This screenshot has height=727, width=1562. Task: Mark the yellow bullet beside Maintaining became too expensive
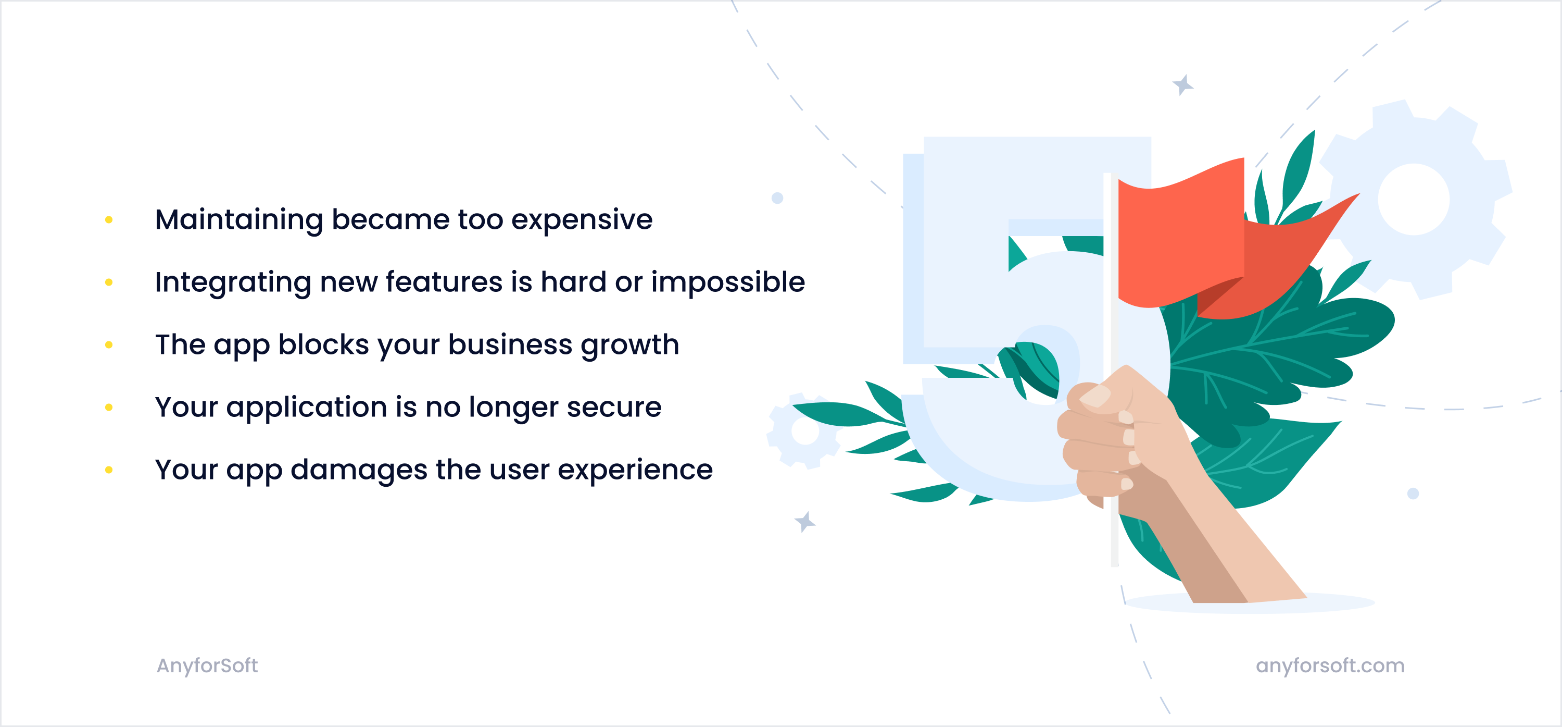click(x=109, y=220)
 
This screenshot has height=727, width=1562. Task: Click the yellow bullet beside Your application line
click(x=109, y=407)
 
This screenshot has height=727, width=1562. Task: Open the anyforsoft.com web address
click(x=1330, y=666)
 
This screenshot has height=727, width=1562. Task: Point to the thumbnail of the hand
click(x=1095, y=396)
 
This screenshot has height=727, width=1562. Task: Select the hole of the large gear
click(x=1414, y=199)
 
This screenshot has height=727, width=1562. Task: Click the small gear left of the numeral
click(x=805, y=432)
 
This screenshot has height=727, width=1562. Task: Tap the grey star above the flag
click(x=1182, y=85)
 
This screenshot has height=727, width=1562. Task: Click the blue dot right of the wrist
click(x=1413, y=494)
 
